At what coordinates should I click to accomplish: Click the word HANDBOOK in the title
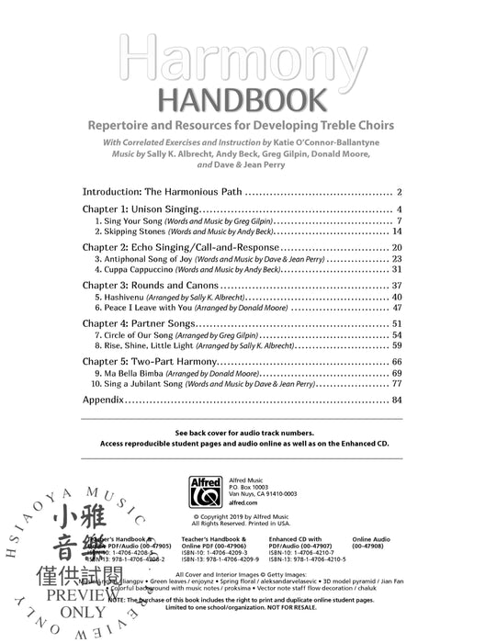[x=247, y=99]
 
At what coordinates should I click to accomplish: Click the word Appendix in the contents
[x=103, y=400]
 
